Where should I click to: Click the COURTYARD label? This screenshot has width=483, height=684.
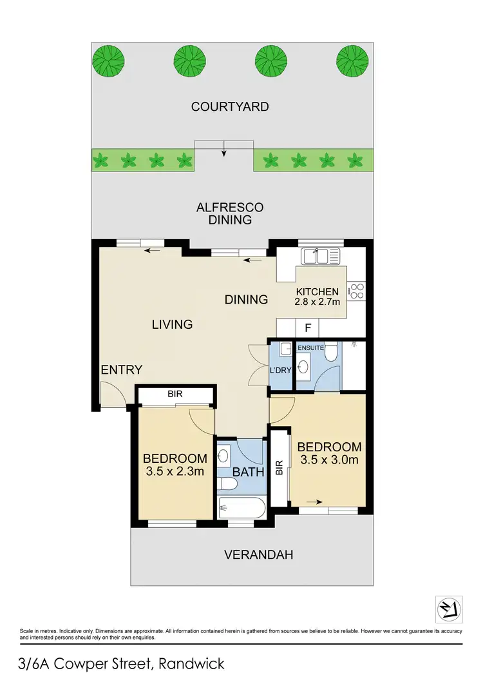(230, 106)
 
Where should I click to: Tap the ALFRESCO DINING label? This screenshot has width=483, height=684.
(230, 213)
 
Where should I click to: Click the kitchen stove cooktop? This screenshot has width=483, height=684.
(357, 291)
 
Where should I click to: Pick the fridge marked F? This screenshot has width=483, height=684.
(308, 327)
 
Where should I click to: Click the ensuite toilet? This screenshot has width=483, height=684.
(330, 352)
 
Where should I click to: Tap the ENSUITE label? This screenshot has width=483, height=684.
(310, 348)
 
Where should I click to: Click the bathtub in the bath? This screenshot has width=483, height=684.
(241, 509)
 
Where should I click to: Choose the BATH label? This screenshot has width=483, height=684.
(249, 472)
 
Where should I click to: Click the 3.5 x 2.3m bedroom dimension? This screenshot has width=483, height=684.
(175, 473)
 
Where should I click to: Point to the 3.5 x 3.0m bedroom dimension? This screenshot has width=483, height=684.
(328, 460)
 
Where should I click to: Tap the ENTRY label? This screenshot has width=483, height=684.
(121, 369)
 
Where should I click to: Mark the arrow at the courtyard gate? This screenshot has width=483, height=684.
(224, 153)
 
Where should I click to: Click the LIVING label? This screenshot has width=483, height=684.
(172, 324)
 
